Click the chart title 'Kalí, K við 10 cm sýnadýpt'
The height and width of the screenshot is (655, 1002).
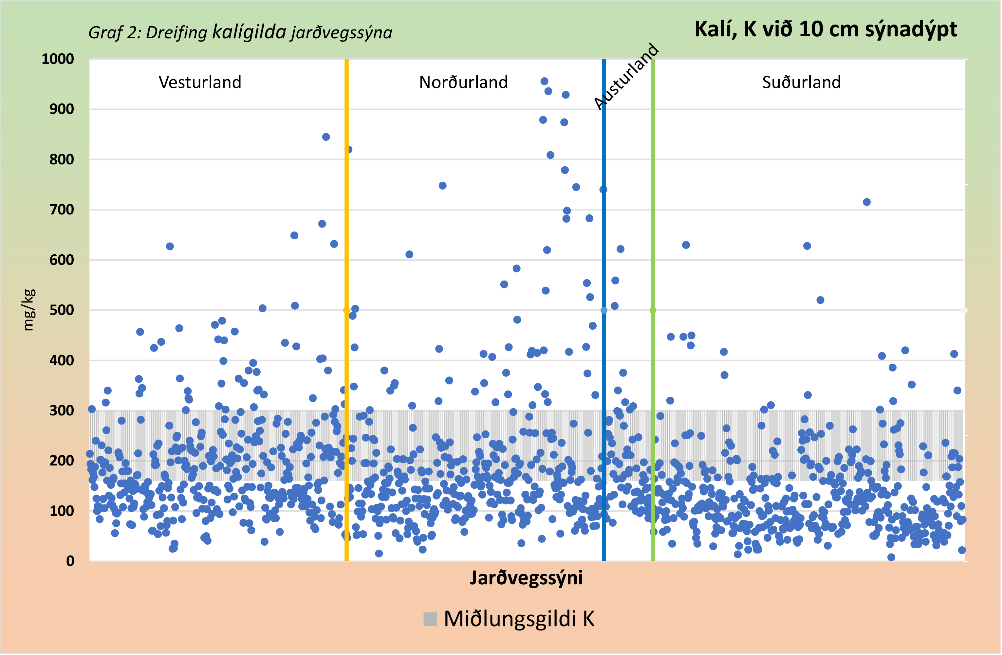point(826,29)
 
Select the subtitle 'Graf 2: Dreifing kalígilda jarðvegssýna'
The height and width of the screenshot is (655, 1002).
point(240,33)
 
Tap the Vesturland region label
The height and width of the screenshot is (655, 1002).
point(200,82)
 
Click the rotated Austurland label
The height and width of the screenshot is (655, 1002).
point(626,77)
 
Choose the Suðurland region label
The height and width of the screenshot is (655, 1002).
point(802,82)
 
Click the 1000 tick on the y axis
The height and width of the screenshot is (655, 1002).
point(58,59)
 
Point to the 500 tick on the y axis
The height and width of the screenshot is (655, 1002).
point(62,311)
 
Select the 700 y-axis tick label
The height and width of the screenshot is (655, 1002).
point(62,209)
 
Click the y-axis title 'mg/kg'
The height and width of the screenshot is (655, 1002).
point(28,310)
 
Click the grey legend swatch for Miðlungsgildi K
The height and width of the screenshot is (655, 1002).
point(430,620)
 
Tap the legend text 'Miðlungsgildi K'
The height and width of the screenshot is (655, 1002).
point(519,620)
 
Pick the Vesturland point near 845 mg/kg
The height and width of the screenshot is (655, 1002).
point(326,137)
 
